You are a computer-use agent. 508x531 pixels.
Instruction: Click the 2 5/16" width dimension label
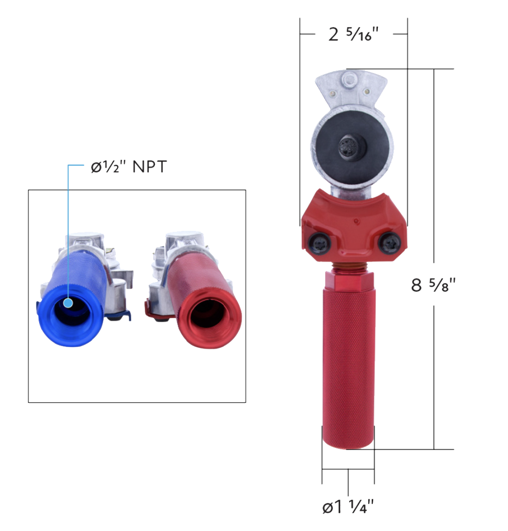pyautogui.click(x=353, y=35)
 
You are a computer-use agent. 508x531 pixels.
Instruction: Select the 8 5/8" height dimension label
pyautogui.click(x=434, y=285)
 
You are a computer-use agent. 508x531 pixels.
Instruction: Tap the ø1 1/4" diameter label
pyautogui.click(x=348, y=507)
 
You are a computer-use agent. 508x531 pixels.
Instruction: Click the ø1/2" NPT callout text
pyautogui.click(x=128, y=167)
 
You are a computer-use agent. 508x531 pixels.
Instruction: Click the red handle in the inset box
pyautogui.click(x=205, y=301)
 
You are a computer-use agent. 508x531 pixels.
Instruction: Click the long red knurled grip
pyautogui.click(x=348, y=371)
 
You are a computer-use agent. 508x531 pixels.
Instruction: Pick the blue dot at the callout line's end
pyautogui.click(x=68, y=302)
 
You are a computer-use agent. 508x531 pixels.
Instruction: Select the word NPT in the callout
pyautogui.click(x=149, y=167)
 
